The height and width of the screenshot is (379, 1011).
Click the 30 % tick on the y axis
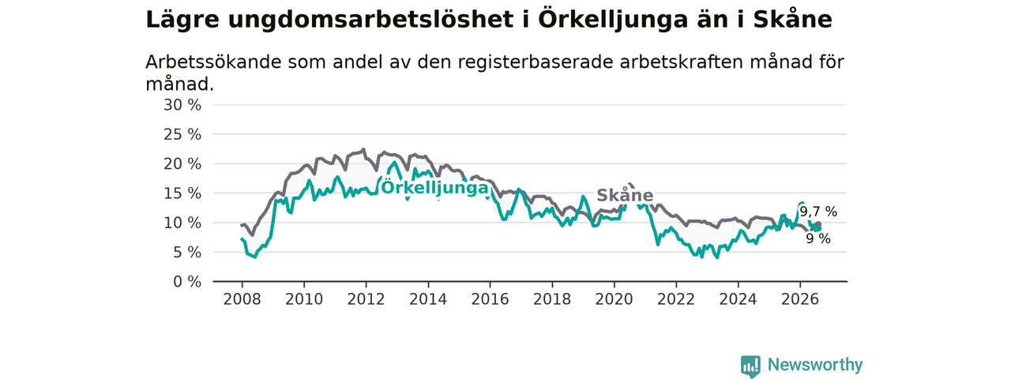(182, 105)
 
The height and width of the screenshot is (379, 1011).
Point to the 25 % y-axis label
(182, 134)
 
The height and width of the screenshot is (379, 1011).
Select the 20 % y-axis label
(182, 163)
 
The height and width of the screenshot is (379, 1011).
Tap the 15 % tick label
(182, 193)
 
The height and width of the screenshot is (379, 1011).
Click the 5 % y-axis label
(187, 252)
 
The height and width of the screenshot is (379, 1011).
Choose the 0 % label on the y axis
(187, 282)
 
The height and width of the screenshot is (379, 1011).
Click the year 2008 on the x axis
(242, 299)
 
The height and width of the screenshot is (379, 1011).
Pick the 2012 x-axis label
(366, 299)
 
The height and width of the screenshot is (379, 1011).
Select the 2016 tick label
(490, 299)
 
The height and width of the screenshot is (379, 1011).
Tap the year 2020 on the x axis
(614, 299)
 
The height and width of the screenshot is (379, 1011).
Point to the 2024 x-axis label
(738, 299)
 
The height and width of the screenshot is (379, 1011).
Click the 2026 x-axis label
(800, 299)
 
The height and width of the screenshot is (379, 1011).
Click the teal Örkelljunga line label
(434, 188)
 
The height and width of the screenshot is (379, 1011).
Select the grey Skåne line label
(625, 195)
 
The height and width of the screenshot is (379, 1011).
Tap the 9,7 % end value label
(818, 212)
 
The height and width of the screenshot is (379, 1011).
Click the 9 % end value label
(818, 238)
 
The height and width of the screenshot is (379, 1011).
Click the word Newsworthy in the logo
(815, 364)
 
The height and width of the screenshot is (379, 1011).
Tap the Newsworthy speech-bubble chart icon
(750, 366)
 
